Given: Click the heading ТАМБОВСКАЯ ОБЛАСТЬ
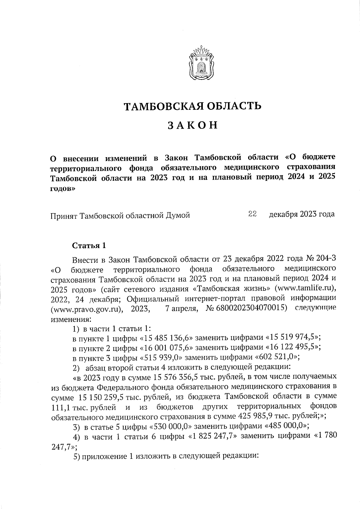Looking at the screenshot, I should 193,106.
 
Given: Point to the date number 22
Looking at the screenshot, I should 252,214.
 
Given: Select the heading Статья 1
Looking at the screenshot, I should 89,246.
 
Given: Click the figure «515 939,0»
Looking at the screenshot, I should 162,357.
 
